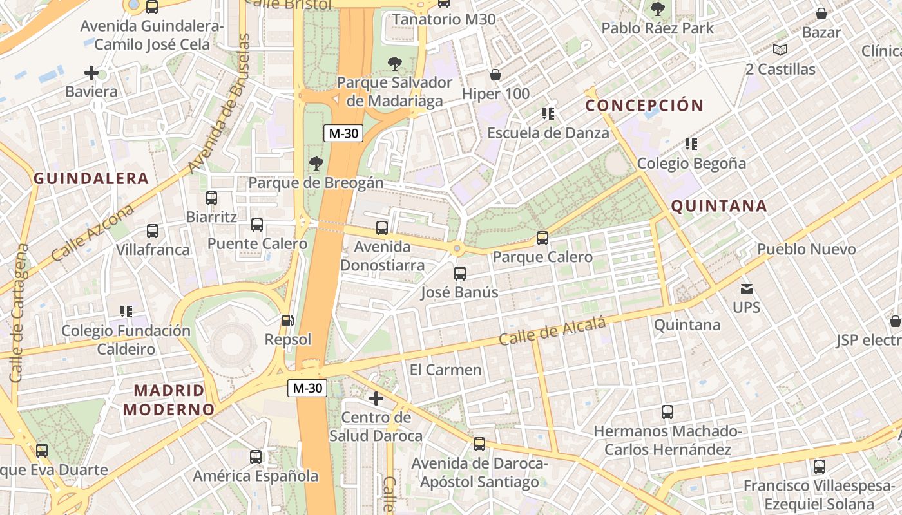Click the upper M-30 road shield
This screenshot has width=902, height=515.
(343, 133)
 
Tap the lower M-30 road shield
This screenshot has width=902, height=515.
(307, 388)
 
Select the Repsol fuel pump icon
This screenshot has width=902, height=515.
(288, 320)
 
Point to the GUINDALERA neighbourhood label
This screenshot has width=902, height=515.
(91, 178)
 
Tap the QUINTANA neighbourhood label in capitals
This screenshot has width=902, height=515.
(719, 206)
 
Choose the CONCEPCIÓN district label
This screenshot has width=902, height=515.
(644, 105)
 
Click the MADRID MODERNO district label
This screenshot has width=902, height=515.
(169, 400)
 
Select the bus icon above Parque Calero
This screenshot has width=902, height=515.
(542, 238)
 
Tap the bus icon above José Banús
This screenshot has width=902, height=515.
(460, 274)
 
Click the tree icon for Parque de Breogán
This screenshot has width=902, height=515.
(316, 164)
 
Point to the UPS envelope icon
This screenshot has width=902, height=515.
(747, 289)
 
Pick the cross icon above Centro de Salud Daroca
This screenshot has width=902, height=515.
(376, 398)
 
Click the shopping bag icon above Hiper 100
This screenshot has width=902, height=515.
(495, 75)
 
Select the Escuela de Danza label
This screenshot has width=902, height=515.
(548, 133)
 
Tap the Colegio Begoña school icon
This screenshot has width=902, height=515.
(691, 144)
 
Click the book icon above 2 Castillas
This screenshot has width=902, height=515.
(780, 50)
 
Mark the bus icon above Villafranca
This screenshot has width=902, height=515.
(153, 231)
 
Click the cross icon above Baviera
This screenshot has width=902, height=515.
(91, 73)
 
